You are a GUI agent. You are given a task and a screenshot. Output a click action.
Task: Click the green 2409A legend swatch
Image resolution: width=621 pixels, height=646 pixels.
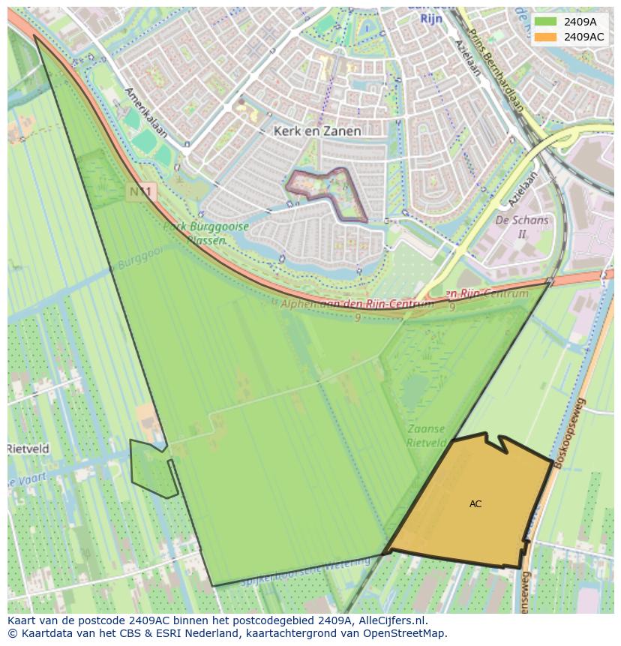point(544,22)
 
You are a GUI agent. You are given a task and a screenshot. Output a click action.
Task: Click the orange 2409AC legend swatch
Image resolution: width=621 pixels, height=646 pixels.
point(544,37)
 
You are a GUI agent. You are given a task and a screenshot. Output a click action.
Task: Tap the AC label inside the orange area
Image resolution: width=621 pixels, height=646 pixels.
point(475,504)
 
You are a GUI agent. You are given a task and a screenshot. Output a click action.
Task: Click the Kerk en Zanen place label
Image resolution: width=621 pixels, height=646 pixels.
point(317,131)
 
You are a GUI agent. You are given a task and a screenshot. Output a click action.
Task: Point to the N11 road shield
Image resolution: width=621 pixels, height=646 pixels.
point(140,193)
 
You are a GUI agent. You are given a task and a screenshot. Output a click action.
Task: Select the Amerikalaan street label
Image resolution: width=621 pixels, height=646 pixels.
point(145,113)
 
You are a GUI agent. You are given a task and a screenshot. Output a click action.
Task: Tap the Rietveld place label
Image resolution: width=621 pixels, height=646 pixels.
point(28,449)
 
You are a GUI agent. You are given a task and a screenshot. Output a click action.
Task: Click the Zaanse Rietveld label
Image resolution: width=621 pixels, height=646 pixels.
point(427,436)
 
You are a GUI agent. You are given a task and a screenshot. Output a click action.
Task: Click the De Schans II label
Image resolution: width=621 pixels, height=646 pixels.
point(522,227)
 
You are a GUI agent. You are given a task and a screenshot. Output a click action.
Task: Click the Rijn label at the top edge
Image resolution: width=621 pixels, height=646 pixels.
point(430,19)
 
